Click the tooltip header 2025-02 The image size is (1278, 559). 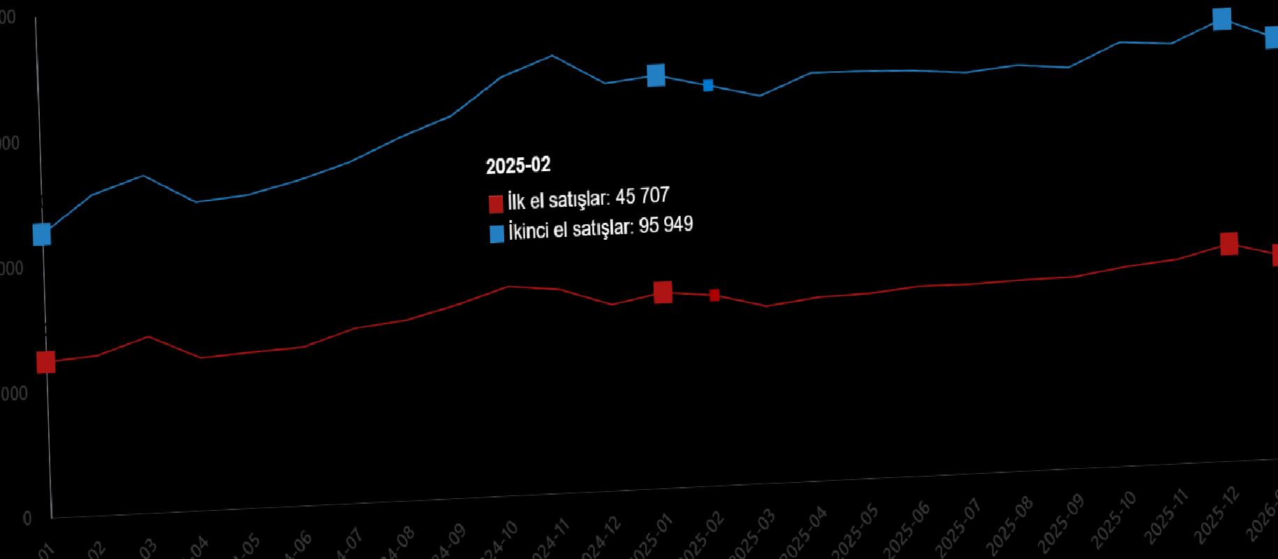pos(518,166)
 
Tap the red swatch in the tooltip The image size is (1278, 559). pos(496,203)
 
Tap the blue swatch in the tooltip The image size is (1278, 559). pos(497,233)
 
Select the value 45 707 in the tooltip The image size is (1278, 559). pos(642,196)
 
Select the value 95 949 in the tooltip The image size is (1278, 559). pos(666,225)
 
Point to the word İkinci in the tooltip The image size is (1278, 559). pos(529,231)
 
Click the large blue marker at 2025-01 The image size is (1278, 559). pos(656,75)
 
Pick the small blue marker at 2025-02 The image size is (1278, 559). pos(708,85)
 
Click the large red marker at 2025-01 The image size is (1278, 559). pos(663,292)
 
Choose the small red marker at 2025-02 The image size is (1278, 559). pos(714,296)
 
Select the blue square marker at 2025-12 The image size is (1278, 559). pos(1221,19)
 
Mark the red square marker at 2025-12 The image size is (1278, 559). pos(1228,244)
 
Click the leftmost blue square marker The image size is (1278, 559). pos(42,234)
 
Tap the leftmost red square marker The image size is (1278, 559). pos(45,362)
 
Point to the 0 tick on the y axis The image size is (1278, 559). pos(27,518)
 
